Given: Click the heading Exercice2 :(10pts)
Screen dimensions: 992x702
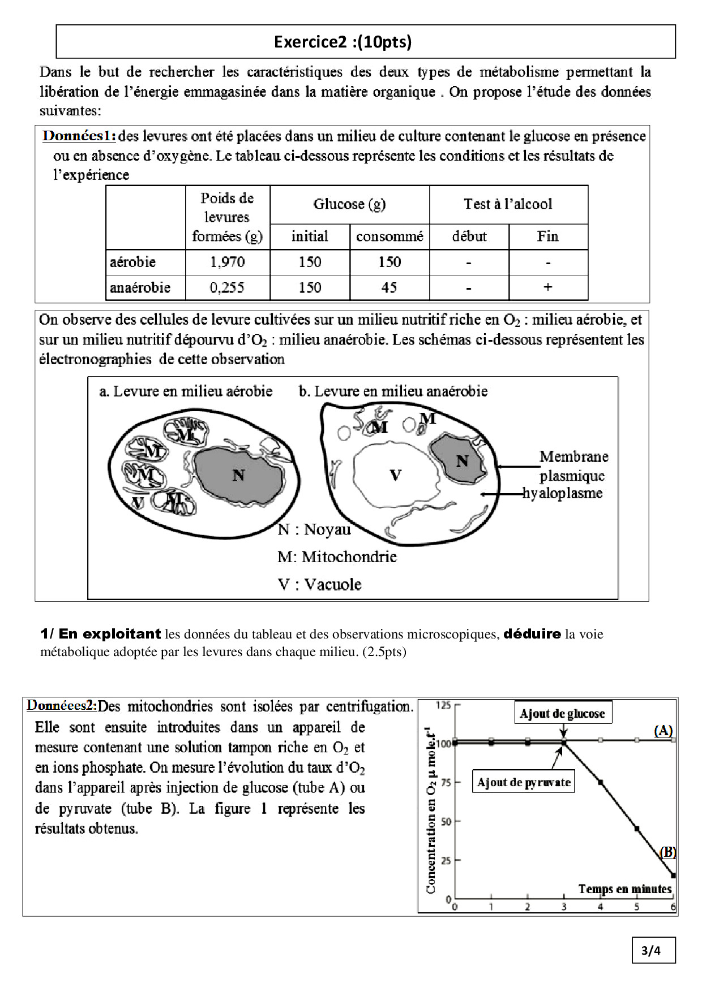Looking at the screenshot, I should point(343,42).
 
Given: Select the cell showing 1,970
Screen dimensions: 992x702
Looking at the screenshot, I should point(227,262).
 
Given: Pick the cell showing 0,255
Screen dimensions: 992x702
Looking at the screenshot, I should point(227,287).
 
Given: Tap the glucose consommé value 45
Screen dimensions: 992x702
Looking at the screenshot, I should point(389,287).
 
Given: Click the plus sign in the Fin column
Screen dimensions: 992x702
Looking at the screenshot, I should point(547,287).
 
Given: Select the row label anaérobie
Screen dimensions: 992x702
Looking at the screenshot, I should point(140,287).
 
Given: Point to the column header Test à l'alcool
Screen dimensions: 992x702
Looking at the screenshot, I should point(508,204).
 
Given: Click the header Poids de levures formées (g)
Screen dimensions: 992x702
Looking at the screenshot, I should point(227,217).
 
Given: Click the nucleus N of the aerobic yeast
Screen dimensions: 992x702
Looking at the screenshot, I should point(238,475).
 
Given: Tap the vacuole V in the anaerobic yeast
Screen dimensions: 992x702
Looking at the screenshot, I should point(396,475).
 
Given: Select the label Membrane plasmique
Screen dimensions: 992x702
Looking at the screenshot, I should point(573,466).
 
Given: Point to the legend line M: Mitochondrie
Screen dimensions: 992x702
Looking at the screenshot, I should point(337,557).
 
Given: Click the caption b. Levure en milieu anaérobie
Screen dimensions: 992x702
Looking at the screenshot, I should point(393,391).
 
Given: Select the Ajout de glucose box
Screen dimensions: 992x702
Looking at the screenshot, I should point(562,714).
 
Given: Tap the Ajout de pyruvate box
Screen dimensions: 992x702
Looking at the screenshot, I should point(524,783).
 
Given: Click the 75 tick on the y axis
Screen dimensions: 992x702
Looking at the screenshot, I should point(446,782).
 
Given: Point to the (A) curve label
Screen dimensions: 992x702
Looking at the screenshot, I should point(663,730).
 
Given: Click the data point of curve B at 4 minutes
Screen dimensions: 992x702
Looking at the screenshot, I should point(601,782).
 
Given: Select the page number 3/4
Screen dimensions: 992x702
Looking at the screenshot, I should point(653,950).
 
